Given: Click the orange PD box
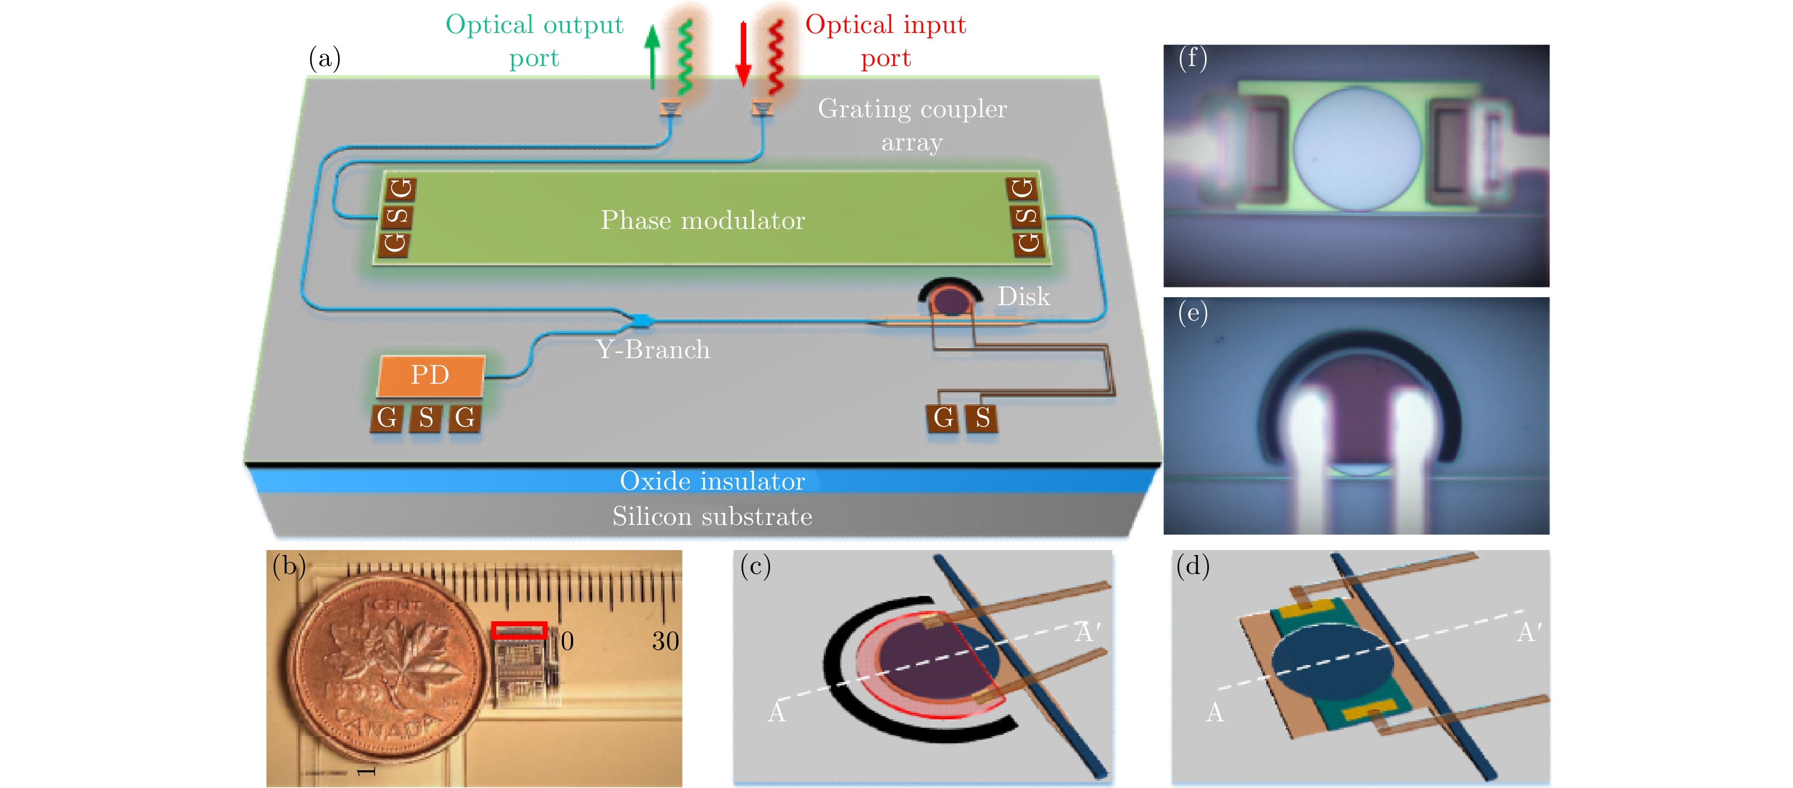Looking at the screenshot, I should pyautogui.click(x=430, y=375).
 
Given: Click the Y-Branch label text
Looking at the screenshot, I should pyautogui.click(x=653, y=350).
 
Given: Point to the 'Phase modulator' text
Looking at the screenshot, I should pyautogui.click(x=702, y=220).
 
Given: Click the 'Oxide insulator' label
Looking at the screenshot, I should pyautogui.click(x=712, y=481).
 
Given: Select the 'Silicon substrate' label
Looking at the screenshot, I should pyautogui.click(x=712, y=516).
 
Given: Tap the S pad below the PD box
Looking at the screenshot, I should pyautogui.click(x=426, y=418).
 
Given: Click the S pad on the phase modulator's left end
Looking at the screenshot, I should pyautogui.click(x=397, y=216).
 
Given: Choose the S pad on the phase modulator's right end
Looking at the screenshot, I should pyautogui.click(x=1026, y=216).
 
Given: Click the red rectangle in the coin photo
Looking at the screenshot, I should pyautogui.click(x=519, y=631).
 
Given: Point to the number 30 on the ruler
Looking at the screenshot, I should pyautogui.click(x=665, y=641).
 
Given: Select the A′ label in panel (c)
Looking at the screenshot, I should pyautogui.click(x=1088, y=632).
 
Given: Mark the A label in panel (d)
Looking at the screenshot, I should pyautogui.click(x=1215, y=712).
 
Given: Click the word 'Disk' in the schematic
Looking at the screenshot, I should pyautogui.click(x=1023, y=297).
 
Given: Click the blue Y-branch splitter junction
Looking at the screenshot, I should pyautogui.click(x=640, y=320).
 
